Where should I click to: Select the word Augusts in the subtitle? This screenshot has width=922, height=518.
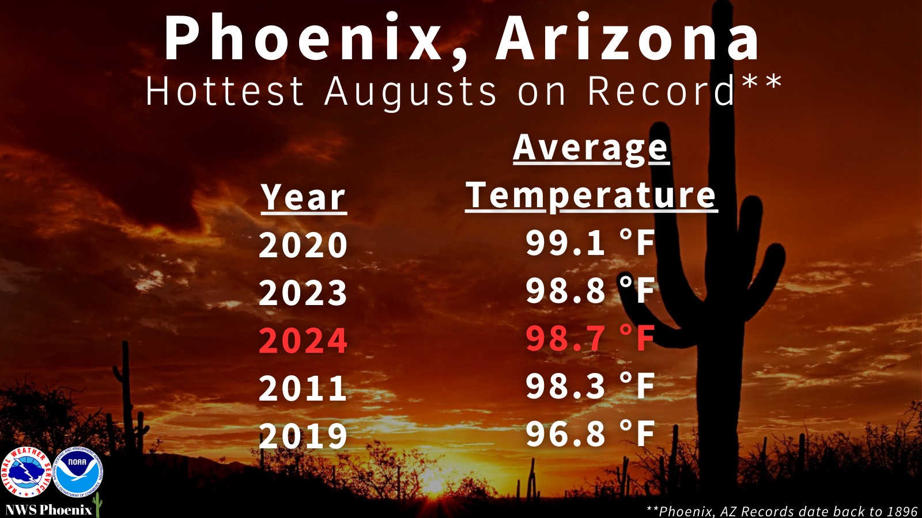[410, 93]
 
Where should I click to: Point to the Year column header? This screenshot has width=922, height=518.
[303, 198]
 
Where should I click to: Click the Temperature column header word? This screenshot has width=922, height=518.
[591, 196]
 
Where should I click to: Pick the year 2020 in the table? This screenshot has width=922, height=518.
[303, 245]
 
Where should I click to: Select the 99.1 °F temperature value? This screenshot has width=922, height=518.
[590, 243]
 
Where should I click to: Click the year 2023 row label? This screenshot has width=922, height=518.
[303, 292]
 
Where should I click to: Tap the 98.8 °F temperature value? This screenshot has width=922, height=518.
[590, 290]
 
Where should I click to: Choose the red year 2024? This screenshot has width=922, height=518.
[303, 340]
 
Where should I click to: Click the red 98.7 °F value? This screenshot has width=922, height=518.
[590, 338]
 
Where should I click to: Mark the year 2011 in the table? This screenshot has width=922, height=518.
[303, 388]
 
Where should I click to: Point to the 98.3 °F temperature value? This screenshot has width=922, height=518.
[590, 386]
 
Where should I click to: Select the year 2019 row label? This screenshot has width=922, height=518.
[303, 436]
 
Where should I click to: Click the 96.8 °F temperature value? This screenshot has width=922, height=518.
[590, 434]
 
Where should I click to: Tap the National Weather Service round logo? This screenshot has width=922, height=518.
[27, 472]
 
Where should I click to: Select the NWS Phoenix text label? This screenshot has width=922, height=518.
[49, 510]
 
